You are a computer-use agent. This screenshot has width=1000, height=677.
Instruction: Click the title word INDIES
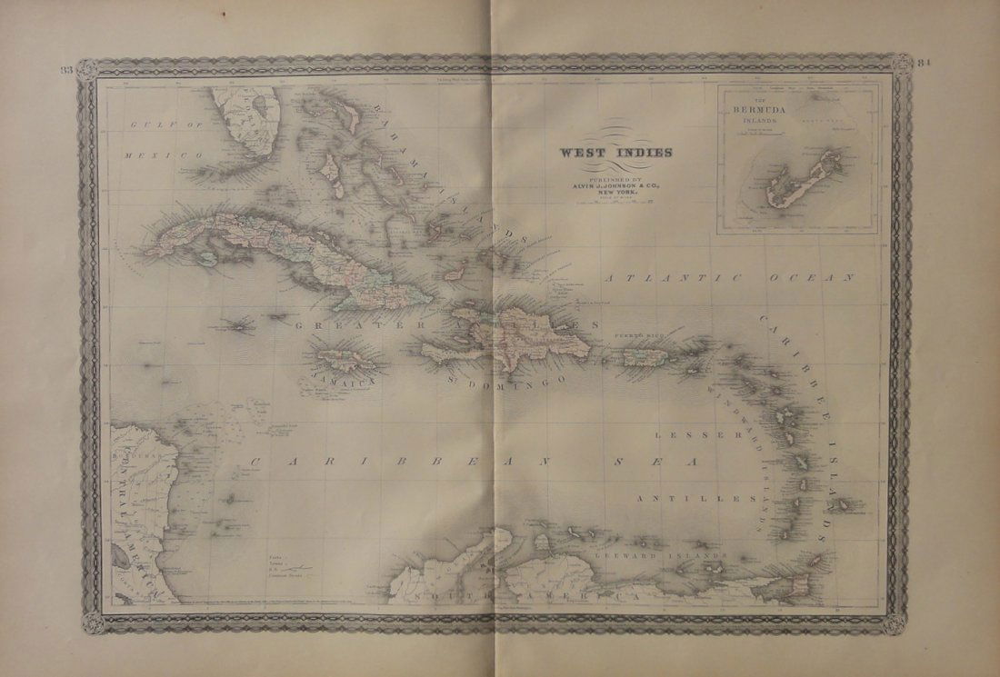click(x=644, y=152)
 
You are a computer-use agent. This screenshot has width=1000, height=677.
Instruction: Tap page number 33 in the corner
click(x=65, y=70)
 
